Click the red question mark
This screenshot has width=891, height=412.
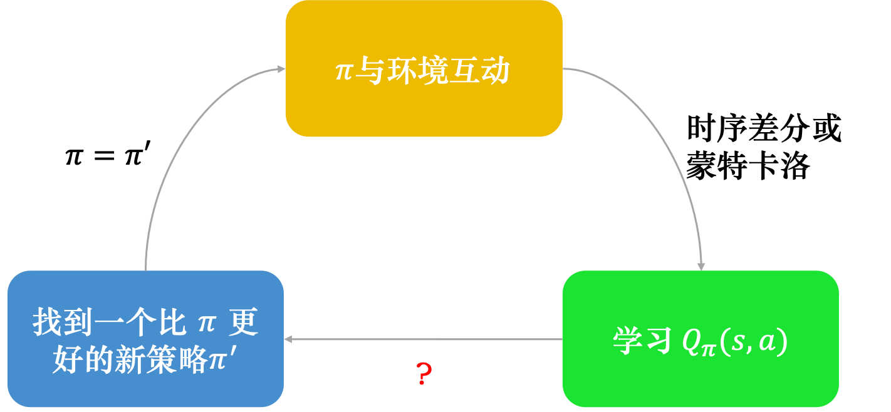click(424, 374)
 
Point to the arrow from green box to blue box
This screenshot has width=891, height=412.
click(423, 339)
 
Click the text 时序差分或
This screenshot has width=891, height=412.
click(764, 129)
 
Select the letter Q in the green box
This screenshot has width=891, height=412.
click(689, 342)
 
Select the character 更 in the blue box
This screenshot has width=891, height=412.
click(244, 323)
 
